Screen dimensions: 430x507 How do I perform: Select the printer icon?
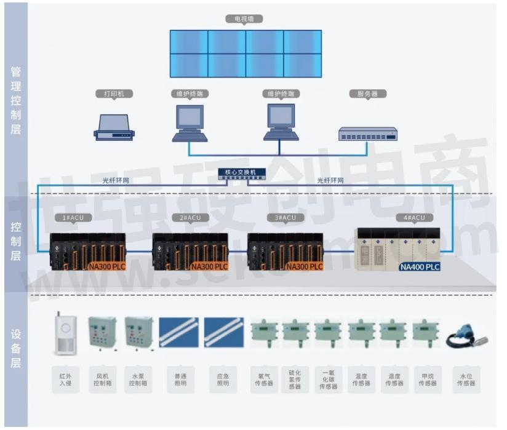(114, 127)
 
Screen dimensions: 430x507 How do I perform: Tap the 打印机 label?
(114, 94)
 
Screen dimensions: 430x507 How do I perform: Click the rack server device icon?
(368, 133)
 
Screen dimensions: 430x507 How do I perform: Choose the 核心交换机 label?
(242, 172)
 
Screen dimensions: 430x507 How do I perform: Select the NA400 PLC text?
(420, 267)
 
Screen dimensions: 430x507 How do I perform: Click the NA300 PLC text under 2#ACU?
(209, 267)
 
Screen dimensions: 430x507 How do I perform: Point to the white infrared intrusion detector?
(66, 336)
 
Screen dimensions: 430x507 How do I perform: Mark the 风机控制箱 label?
(101, 379)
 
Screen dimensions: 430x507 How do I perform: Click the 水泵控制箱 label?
(137, 379)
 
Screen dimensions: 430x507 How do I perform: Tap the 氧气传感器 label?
(262, 379)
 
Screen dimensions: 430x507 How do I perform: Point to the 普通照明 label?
(178, 379)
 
